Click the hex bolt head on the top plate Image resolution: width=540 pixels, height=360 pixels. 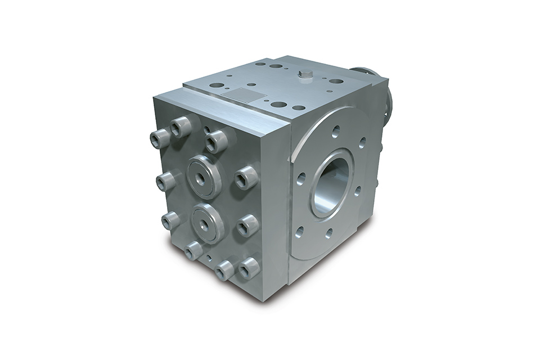point(305,76)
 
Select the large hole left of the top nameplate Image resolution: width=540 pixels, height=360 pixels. point(217,85)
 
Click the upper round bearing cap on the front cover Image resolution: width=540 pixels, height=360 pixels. point(204,176)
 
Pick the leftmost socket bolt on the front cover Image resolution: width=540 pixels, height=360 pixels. point(159,138)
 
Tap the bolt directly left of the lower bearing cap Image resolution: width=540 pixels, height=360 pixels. point(170,220)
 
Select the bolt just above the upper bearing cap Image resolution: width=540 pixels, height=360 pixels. point(215,141)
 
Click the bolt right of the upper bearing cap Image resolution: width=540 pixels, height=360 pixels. point(246,178)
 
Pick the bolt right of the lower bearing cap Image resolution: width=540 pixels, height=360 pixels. point(248,226)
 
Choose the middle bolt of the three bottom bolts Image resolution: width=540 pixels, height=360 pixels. point(225,271)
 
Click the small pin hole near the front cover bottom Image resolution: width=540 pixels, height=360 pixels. point(209,258)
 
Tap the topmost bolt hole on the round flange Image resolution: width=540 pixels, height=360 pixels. point(336,132)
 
